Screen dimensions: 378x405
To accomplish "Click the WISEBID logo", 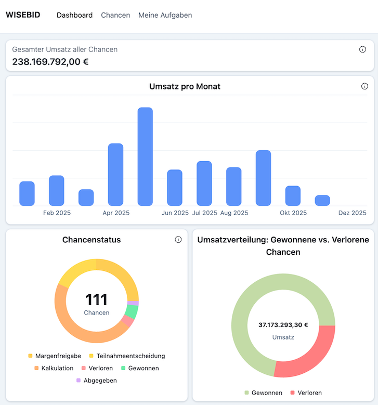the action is [23, 15].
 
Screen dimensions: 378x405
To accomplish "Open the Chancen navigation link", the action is [115, 15].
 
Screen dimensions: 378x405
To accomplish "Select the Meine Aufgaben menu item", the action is [165, 15].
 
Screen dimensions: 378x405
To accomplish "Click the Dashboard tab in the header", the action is [75, 15].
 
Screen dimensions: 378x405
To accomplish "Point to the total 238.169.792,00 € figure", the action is [50, 62].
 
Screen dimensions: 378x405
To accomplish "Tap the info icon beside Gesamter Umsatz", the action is [362, 49].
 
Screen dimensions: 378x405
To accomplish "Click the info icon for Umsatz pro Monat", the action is [364, 86].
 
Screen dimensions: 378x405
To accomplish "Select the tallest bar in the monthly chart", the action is [145, 156].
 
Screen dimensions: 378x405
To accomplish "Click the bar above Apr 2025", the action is [115, 175].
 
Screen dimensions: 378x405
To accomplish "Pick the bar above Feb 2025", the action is [57, 191].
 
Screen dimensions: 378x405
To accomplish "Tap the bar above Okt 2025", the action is [293, 196].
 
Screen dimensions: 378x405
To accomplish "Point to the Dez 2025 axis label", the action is [353, 213].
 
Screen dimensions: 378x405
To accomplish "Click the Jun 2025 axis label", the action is [175, 213].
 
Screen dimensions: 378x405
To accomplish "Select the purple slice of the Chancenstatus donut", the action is [133, 303].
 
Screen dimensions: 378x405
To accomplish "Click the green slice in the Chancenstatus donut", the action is [132, 311].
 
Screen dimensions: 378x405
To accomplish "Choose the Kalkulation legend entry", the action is [54, 368].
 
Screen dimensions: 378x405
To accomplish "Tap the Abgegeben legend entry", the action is [97, 381].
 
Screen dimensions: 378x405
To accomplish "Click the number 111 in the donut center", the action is [96, 299].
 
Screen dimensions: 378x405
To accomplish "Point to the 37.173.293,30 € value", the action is [283, 325].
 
